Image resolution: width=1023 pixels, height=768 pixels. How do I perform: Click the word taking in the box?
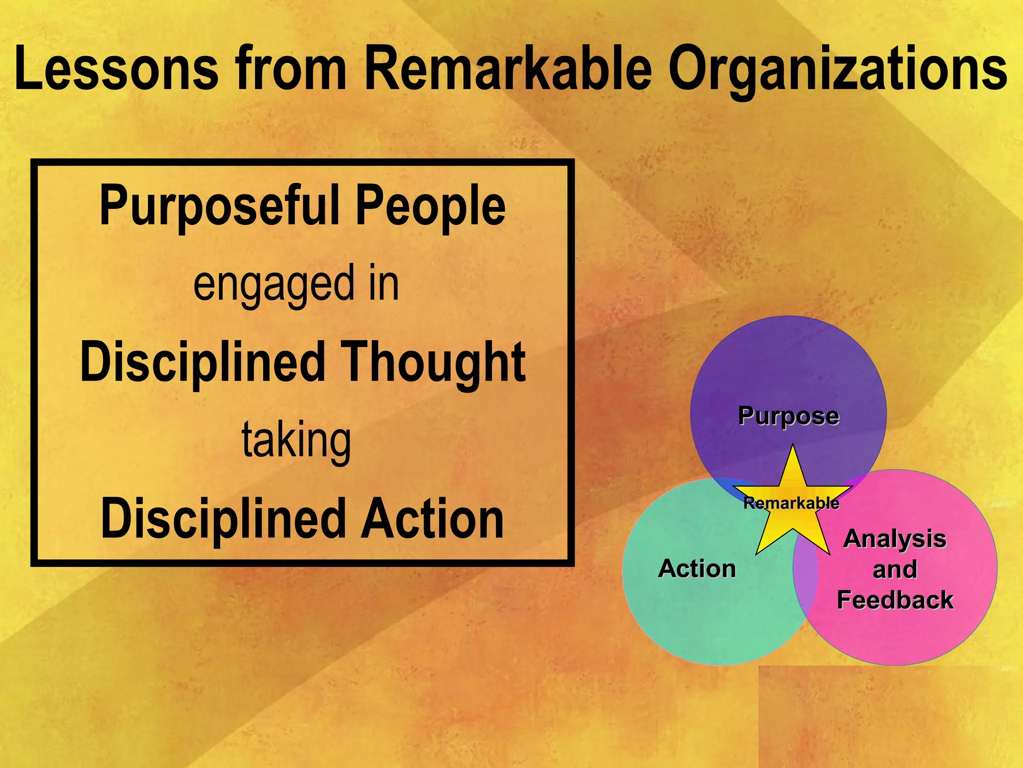coord(297,440)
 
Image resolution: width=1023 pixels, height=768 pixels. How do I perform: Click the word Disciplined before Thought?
coord(203,362)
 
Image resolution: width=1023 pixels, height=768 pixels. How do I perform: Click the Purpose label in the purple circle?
coord(788,416)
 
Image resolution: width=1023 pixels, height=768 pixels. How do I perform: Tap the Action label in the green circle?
coord(697,568)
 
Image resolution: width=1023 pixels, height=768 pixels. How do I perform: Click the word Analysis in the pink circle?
coord(895,538)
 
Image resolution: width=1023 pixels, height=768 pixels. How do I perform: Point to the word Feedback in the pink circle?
coord(895,599)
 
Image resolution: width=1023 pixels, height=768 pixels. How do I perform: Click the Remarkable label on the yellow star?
coord(791,503)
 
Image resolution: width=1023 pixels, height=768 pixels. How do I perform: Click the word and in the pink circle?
coord(895,569)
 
